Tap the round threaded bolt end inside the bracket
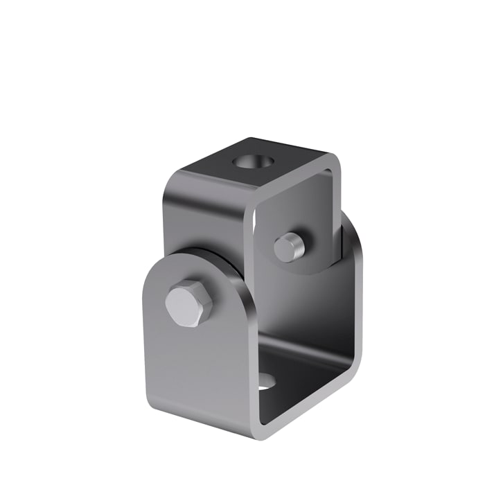point(286,247)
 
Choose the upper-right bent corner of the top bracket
point(335,162)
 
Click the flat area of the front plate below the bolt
point(194,367)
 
